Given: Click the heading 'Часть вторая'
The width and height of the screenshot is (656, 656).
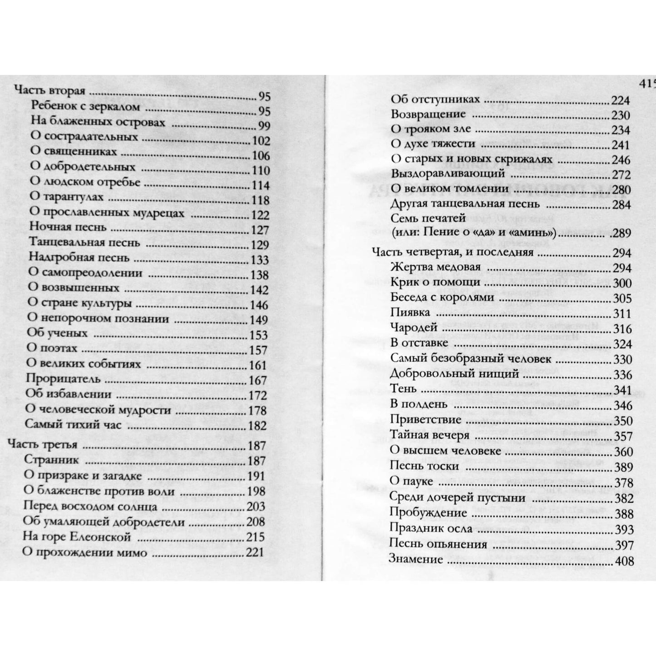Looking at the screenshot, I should tap(50, 90).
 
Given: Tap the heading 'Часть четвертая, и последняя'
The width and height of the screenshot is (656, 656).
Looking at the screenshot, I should tap(452, 252).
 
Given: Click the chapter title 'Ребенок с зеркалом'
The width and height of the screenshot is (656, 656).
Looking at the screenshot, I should tap(85, 106).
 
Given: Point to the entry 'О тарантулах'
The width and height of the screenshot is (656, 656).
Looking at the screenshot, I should tap(66, 197).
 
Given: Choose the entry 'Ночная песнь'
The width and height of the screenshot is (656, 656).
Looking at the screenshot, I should tap(67, 227).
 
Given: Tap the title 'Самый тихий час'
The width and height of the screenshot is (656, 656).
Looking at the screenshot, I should tap(73, 424).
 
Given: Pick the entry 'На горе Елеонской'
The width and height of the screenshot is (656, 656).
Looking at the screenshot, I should tap(77, 537).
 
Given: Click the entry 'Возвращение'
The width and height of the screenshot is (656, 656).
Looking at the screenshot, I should tap(428, 114).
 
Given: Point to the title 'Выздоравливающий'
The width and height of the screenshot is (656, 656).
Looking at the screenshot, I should tap(448, 173).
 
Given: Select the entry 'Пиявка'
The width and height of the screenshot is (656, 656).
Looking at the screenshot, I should tap(410, 313).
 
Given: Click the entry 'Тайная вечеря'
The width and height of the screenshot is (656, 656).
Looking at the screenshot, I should tap(429, 435).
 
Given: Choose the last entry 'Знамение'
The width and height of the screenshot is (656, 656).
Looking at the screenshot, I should tap(415, 559).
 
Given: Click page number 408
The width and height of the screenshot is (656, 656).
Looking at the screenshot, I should tap(624, 562).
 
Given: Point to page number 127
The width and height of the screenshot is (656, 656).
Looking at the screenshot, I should tap(260, 230).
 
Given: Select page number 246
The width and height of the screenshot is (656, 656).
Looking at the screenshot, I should tap(621, 160).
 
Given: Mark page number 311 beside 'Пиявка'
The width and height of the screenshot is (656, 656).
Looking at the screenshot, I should tap(622, 314).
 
